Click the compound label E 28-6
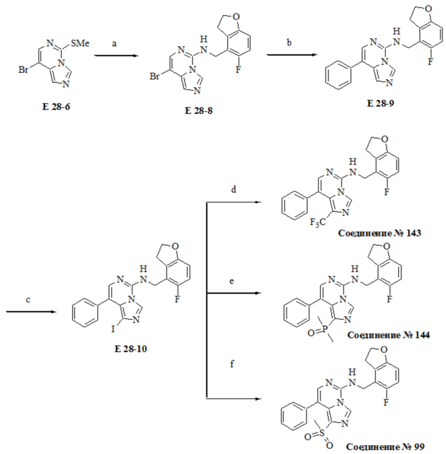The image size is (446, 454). [56, 107]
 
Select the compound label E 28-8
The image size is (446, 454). [198, 111]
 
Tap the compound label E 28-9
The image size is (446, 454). [381, 103]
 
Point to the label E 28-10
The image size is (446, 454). [131, 348]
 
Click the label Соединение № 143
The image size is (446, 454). [379, 233]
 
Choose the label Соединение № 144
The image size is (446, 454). [388, 335]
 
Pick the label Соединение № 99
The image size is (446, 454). [385, 447]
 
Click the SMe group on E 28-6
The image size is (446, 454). [80, 43]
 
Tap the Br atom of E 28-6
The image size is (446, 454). [23, 70]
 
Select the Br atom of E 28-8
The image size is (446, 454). [154, 77]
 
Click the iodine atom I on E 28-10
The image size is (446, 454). [113, 329]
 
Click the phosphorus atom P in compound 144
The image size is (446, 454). [325, 329]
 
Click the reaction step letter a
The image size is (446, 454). [114, 44]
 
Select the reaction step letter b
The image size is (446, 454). [289, 42]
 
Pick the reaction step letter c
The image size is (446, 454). [28, 299]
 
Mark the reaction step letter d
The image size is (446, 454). [233, 190]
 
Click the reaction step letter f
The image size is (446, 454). [232, 363]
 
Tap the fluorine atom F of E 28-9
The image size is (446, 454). [431, 61]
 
